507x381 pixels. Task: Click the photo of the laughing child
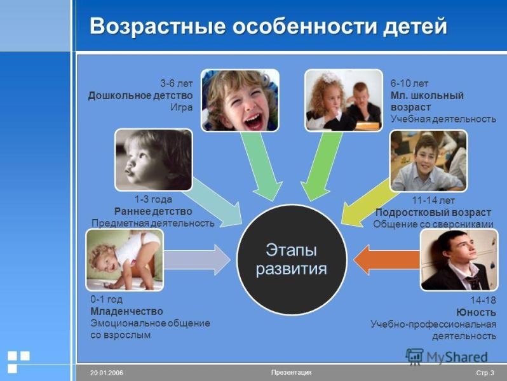(240, 100)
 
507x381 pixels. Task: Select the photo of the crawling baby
(125, 259)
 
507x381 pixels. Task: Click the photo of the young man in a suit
(459, 259)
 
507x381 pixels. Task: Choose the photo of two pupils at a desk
(343, 100)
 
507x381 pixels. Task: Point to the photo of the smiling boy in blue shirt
(428, 160)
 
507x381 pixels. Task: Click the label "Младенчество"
(126, 311)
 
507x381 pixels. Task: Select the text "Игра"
(181, 107)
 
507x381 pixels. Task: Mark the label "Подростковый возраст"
(433, 212)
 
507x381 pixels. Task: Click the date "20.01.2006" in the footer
(106, 373)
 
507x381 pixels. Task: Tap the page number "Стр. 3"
(485, 373)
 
